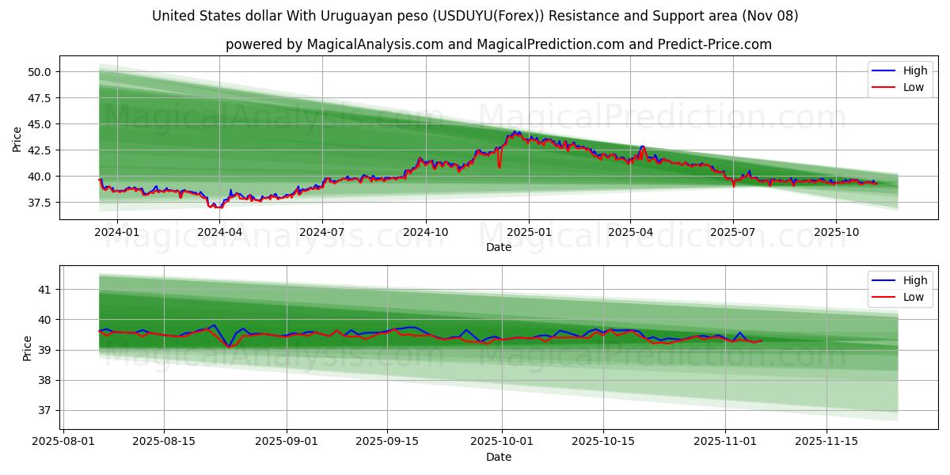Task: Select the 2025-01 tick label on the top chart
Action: [528, 232]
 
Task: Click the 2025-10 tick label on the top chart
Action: [836, 232]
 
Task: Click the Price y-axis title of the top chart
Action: [17, 139]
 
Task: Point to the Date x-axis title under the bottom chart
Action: [499, 457]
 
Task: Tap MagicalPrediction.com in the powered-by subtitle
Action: [550, 44]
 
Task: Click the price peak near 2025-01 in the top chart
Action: [515, 131]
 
